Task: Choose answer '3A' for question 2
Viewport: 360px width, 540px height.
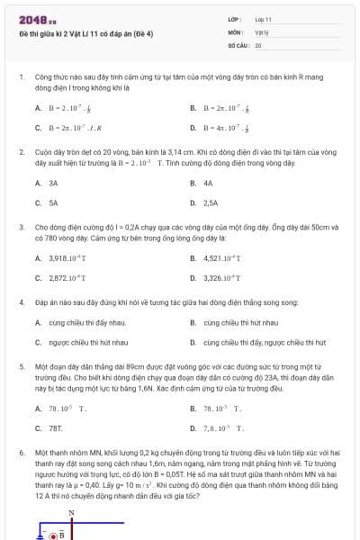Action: (x=53, y=183)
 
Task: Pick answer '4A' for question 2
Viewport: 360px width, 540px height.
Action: (x=208, y=183)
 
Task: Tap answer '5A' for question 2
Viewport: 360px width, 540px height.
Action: (x=53, y=203)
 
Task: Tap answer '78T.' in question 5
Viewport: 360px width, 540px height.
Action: (x=55, y=428)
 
